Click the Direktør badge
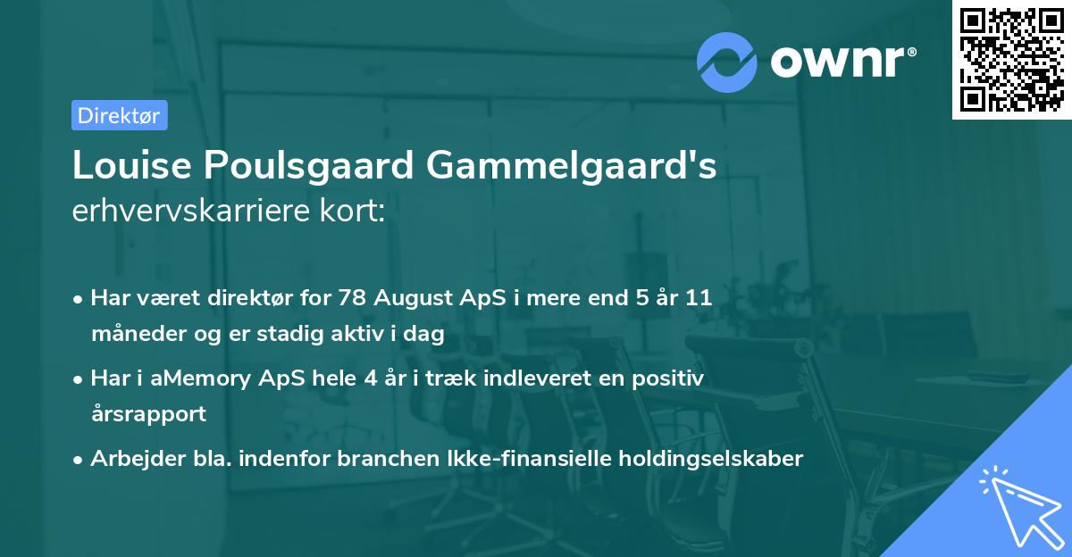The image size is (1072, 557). click(x=119, y=115)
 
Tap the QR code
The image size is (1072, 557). click(x=1010, y=60)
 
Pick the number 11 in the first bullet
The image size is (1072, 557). click(x=699, y=298)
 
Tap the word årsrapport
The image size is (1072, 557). click(x=148, y=414)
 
